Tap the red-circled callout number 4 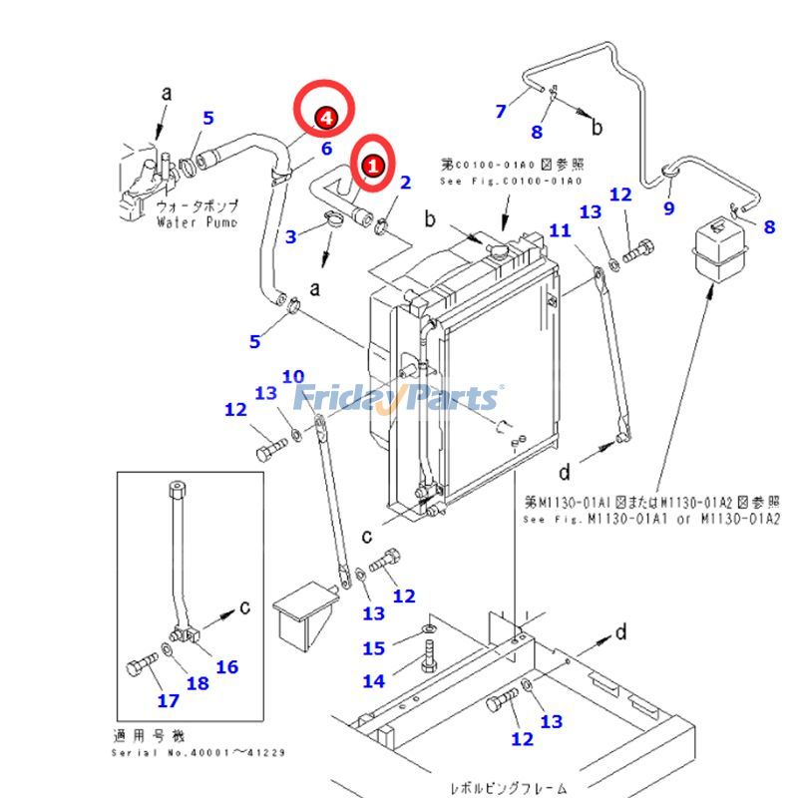324,119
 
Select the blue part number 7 501,111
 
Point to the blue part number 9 669,207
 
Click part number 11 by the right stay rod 560,230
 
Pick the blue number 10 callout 292,376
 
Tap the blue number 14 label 373,681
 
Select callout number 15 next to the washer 373,648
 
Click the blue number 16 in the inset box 226,666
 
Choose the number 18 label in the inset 199,683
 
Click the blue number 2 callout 406,182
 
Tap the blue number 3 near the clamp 291,236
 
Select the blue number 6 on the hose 325,150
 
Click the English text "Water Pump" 197,221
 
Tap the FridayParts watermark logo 399,397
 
